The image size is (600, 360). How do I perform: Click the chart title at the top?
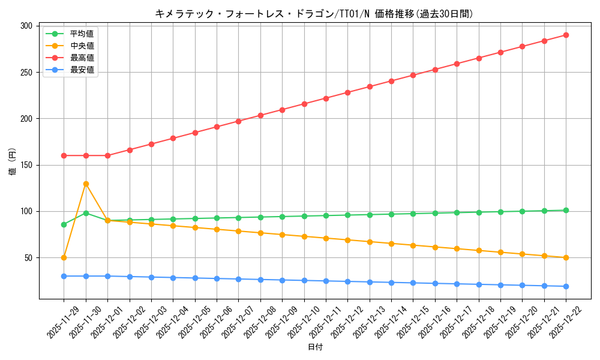pos(314,14)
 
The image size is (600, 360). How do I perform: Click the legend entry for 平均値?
pos(82,34)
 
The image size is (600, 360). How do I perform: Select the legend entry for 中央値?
pos(82,46)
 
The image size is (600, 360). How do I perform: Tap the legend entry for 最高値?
pos(82,58)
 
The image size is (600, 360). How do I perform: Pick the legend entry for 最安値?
pos(82,70)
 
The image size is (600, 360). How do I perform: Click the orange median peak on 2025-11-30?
pos(86,184)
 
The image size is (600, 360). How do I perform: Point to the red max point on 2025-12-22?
pos(566,35)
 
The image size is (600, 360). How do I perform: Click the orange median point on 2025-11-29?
pos(64,257)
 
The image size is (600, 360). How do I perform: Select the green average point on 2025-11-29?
pos(64,224)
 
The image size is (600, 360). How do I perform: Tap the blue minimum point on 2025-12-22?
pos(566,286)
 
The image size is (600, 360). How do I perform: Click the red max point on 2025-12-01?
pos(107,155)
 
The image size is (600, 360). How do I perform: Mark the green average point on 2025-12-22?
pos(566,210)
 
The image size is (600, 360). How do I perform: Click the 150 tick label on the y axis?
pos(27,165)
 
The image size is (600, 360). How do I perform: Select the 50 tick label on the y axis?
pos(29,258)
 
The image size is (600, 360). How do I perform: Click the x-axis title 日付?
pos(315,347)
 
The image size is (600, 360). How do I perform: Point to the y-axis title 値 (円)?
pos(12,162)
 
